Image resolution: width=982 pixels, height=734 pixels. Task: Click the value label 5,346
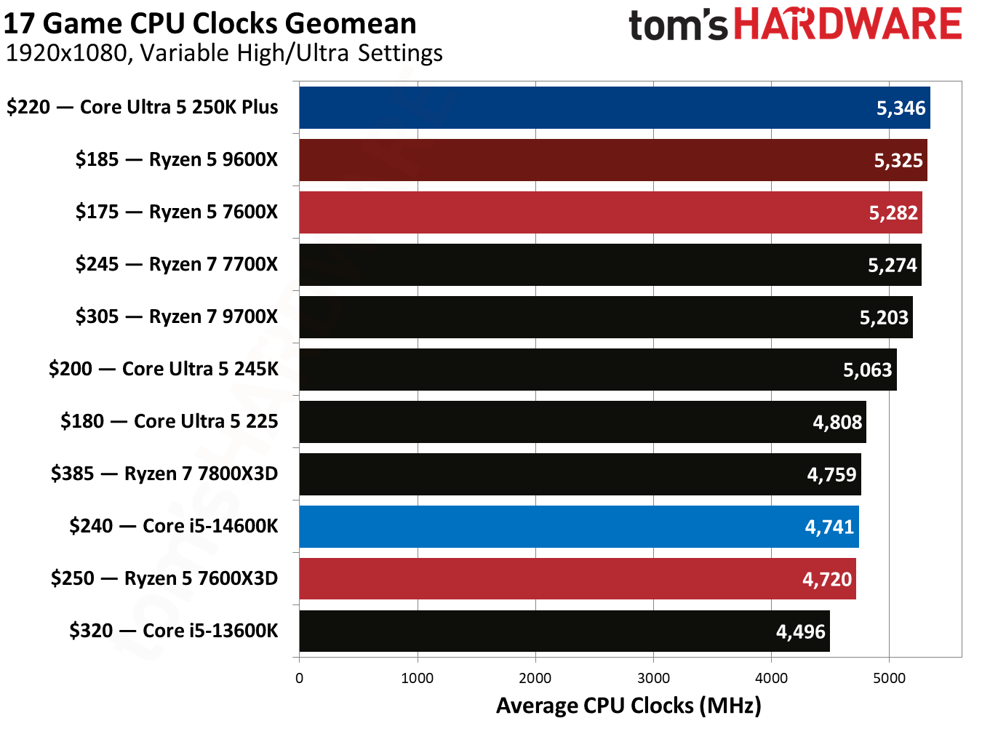(x=901, y=108)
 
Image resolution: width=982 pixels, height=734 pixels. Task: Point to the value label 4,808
(x=837, y=423)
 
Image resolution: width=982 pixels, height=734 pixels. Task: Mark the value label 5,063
(x=867, y=370)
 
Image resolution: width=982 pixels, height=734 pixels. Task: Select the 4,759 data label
(x=831, y=475)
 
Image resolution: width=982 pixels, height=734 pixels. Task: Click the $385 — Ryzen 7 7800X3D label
(x=164, y=474)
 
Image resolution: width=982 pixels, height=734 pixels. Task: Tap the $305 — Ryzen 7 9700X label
(x=177, y=316)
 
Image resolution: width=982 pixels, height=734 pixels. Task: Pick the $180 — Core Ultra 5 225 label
(x=169, y=421)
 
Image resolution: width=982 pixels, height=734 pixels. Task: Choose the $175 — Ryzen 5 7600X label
(x=177, y=212)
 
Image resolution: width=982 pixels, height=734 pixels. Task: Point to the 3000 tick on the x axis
(x=653, y=678)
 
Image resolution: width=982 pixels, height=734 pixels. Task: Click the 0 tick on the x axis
(x=299, y=678)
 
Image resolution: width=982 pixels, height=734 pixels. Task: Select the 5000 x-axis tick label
(x=889, y=678)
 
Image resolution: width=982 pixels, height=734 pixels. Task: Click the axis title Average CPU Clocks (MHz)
(x=628, y=706)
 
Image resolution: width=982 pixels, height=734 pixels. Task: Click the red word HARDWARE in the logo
(x=847, y=24)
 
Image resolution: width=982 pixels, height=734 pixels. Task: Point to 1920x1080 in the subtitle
(x=65, y=53)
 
